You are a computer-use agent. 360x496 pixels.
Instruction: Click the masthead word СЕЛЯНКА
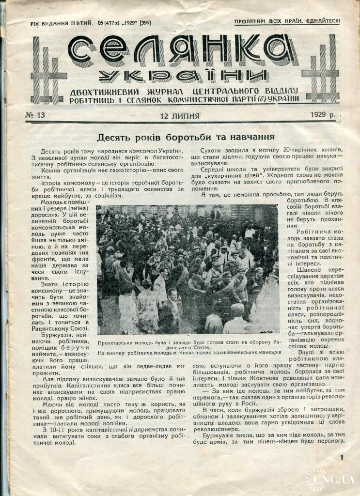182,50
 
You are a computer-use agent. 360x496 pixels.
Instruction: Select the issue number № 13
34,115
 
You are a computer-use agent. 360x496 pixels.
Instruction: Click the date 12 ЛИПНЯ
180,116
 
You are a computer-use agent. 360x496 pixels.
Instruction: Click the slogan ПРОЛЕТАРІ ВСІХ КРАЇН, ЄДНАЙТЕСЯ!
287,21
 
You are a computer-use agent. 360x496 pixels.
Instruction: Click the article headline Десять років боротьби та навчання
186,137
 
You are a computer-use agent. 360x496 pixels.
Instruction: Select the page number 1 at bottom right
342,457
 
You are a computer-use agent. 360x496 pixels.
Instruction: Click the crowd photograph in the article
188,269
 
